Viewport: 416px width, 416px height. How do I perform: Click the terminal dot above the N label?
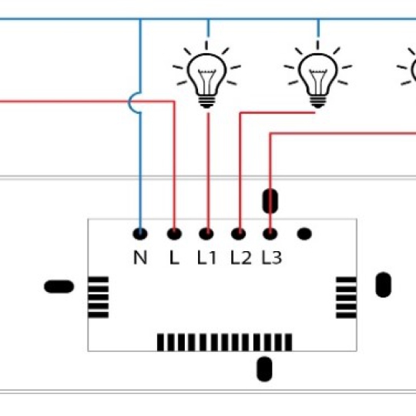[x=140, y=233]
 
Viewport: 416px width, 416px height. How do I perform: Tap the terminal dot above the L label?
[x=174, y=233]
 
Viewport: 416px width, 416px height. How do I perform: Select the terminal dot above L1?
[x=206, y=233]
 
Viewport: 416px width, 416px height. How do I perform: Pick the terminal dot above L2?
[x=239, y=233]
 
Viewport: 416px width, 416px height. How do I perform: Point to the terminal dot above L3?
[x=270, y=233]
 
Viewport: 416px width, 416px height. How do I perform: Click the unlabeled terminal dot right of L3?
[x=304, y=233]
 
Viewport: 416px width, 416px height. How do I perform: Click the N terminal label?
[x=140, y=257]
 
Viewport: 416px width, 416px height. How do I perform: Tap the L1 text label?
[x=207, y=257]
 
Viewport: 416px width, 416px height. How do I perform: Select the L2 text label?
[x=241, y=257]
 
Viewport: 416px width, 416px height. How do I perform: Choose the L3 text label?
[x=272, y=257]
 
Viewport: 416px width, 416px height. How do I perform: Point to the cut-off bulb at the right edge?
[x=408, y=70]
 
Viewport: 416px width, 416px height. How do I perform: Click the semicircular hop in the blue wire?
[x=129, y=102]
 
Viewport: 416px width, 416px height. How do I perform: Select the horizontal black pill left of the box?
[x=59, y=287]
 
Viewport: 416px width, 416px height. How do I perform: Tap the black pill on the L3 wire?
[x=270, y=201]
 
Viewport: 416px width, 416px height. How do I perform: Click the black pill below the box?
[x=264, y=369]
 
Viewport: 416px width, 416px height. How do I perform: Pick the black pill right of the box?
[x=384, y=285]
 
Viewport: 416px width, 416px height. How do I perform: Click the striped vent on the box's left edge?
[x=98, y=297]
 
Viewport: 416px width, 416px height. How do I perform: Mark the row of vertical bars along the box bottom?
[x=224, y=342]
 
